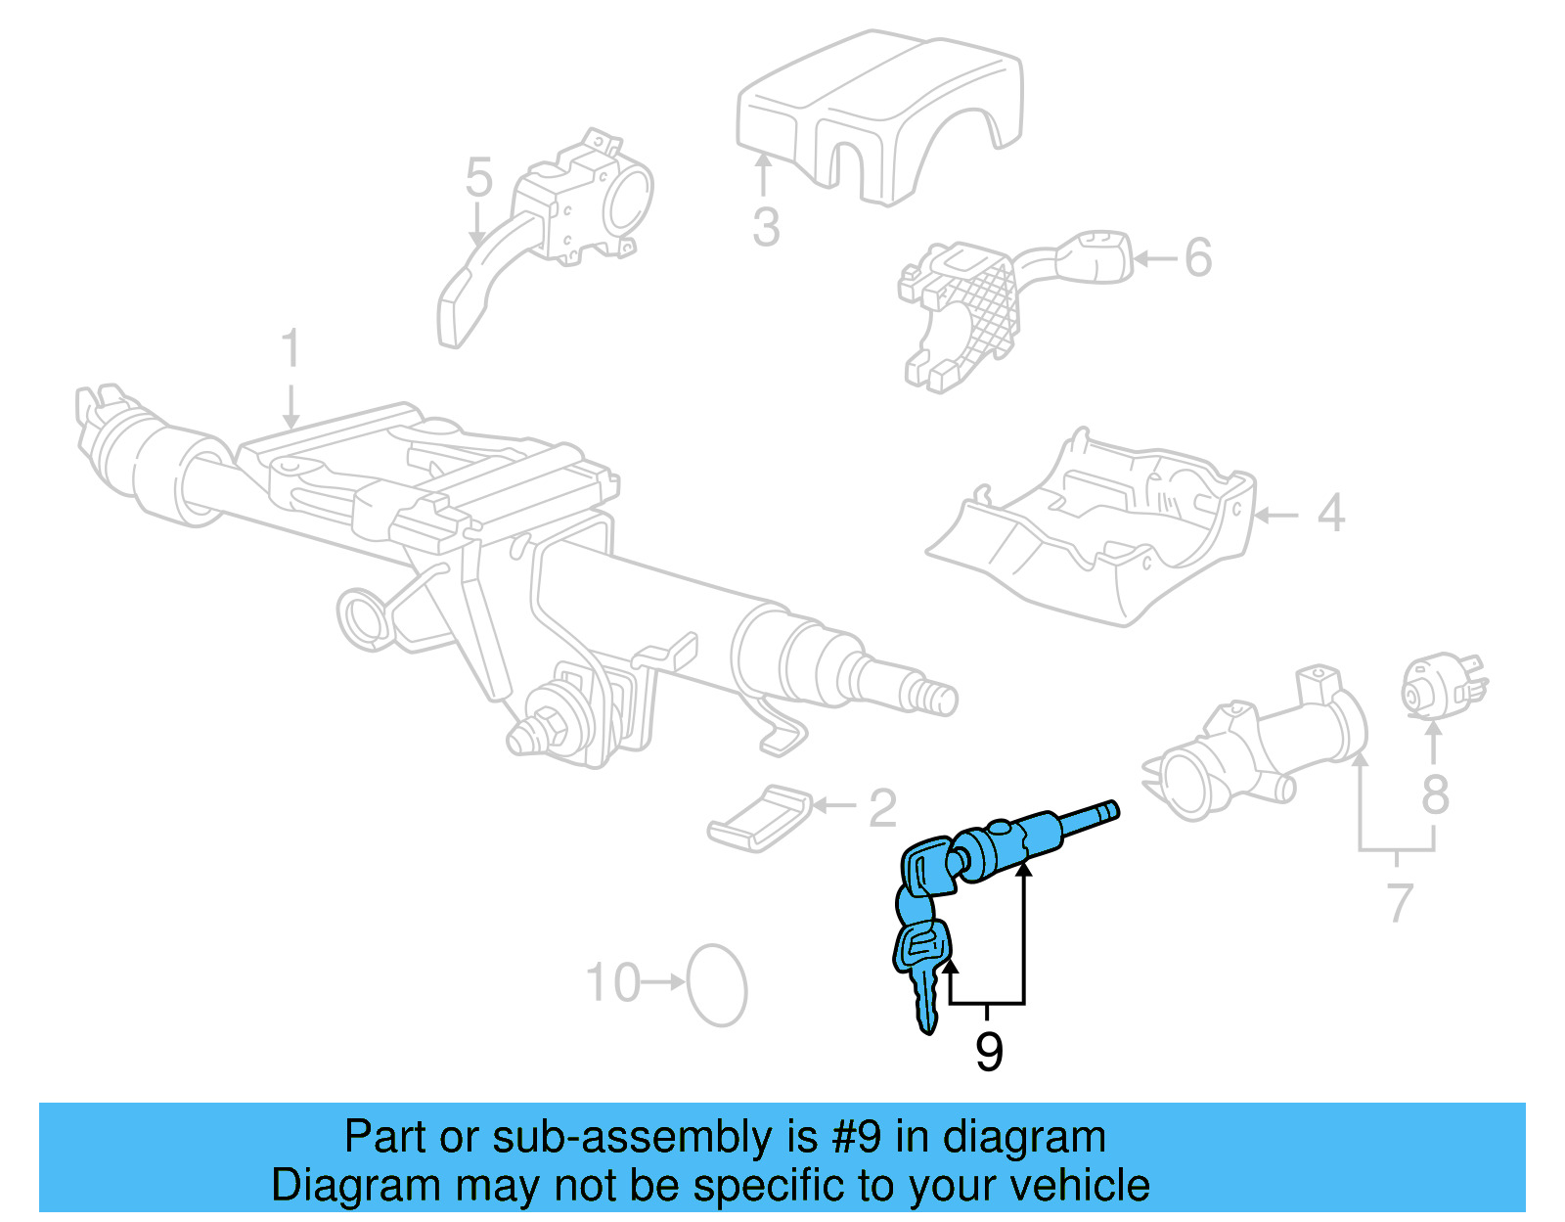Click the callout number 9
click(989, 1053)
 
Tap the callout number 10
click(613, 982)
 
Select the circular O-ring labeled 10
click(717, 985)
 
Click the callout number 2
click(882, 807)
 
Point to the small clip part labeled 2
click(760, 817)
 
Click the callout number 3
click(766, 227)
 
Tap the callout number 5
click(478, 178)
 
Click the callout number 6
click(1198, 258)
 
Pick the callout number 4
click(1330, 514)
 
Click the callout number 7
click(1400, 902)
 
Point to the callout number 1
click(290, 349)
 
